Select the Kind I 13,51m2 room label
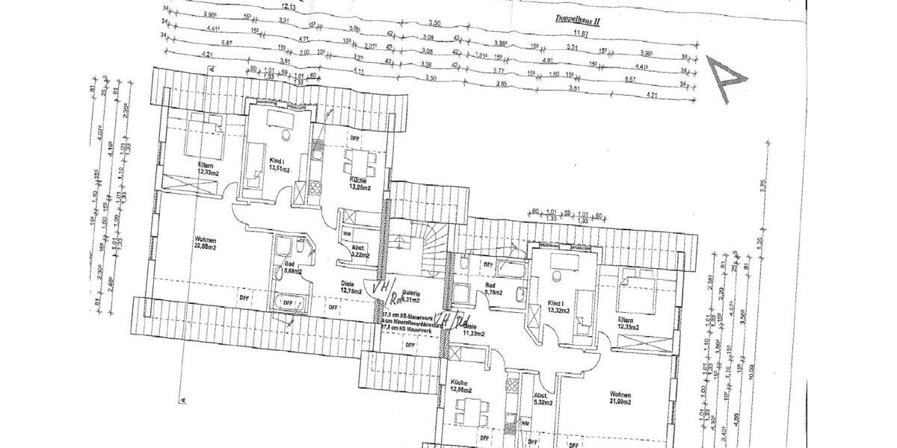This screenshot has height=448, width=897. coord(278,164)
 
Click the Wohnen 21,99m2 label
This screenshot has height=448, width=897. coord(620,398)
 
